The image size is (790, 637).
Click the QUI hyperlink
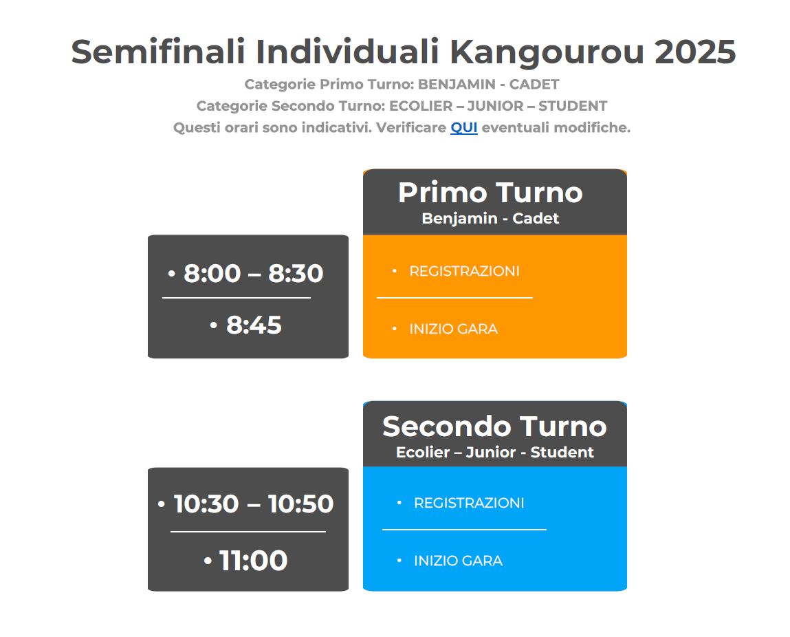click(x=463, y=127)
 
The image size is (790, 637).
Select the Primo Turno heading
click(x=490, y=193)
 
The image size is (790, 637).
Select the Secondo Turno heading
click(x=494, y=427)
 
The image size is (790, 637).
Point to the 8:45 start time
click(x=254, y=325)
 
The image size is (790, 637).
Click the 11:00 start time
click(x=254, y=561)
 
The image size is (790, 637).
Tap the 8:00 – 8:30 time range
click(x=253, y=273)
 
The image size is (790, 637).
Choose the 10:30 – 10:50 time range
click(x=254, y=504)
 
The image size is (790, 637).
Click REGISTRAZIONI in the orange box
click(x=464, y=271)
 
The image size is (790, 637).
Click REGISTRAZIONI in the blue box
click(x=469, y=503)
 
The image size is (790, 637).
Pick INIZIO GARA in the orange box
click(x=454, y=329)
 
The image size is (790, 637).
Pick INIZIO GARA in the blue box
click(x=458, y=561)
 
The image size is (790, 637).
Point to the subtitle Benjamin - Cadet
click(x=490, y=218)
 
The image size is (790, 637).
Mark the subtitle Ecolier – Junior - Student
click(x=495, y=452)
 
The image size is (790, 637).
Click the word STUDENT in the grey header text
click(x=572, y=106)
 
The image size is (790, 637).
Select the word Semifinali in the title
click(x=157, y=52)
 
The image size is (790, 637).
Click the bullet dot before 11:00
click(x=208, y=561)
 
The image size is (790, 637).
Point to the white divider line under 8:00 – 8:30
click(x=237, y=298)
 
